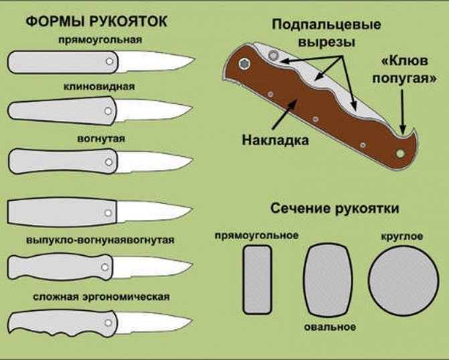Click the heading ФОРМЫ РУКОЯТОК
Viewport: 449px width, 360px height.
pyautogui.click(x=96, y=21)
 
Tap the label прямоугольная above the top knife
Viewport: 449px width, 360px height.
pyautogui.click(x=100, y=39)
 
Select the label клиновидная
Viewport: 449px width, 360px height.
pyautogui.click(x=99, y=86)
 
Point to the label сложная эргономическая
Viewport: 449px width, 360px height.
pyautogui.click(x=101, y=296)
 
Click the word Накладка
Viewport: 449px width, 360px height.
pyautogui.click(x=276, y=141)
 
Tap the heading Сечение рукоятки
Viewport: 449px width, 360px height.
pyautogui.click(x=335, y=208)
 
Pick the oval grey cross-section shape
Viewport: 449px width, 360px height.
pyautogui.click(x=329, y=280)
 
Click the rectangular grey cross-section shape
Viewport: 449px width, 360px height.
pyautogui.click(x=257, y=280)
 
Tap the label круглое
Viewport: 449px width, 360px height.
pyautogui.click(x=402, y=237)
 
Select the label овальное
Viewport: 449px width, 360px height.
pyautogui.click(x=330, y=327)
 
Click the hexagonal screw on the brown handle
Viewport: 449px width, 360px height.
pyautogui.click(x=244, y=64)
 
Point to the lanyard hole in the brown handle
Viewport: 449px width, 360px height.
pyautogui.click(x=400, y=153)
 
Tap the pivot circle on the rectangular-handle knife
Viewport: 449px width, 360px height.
pyautogui.click(x=110, y=62)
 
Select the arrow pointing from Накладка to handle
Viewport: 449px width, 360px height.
pyautogui.click(x=284, y=114)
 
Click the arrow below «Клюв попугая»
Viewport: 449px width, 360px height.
pyautogui.click(x=403, y=112)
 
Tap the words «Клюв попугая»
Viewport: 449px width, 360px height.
pyautogui.click(x=405, y=70)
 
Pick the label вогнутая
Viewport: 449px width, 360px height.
pyautogui.click(x=101, y=139)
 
